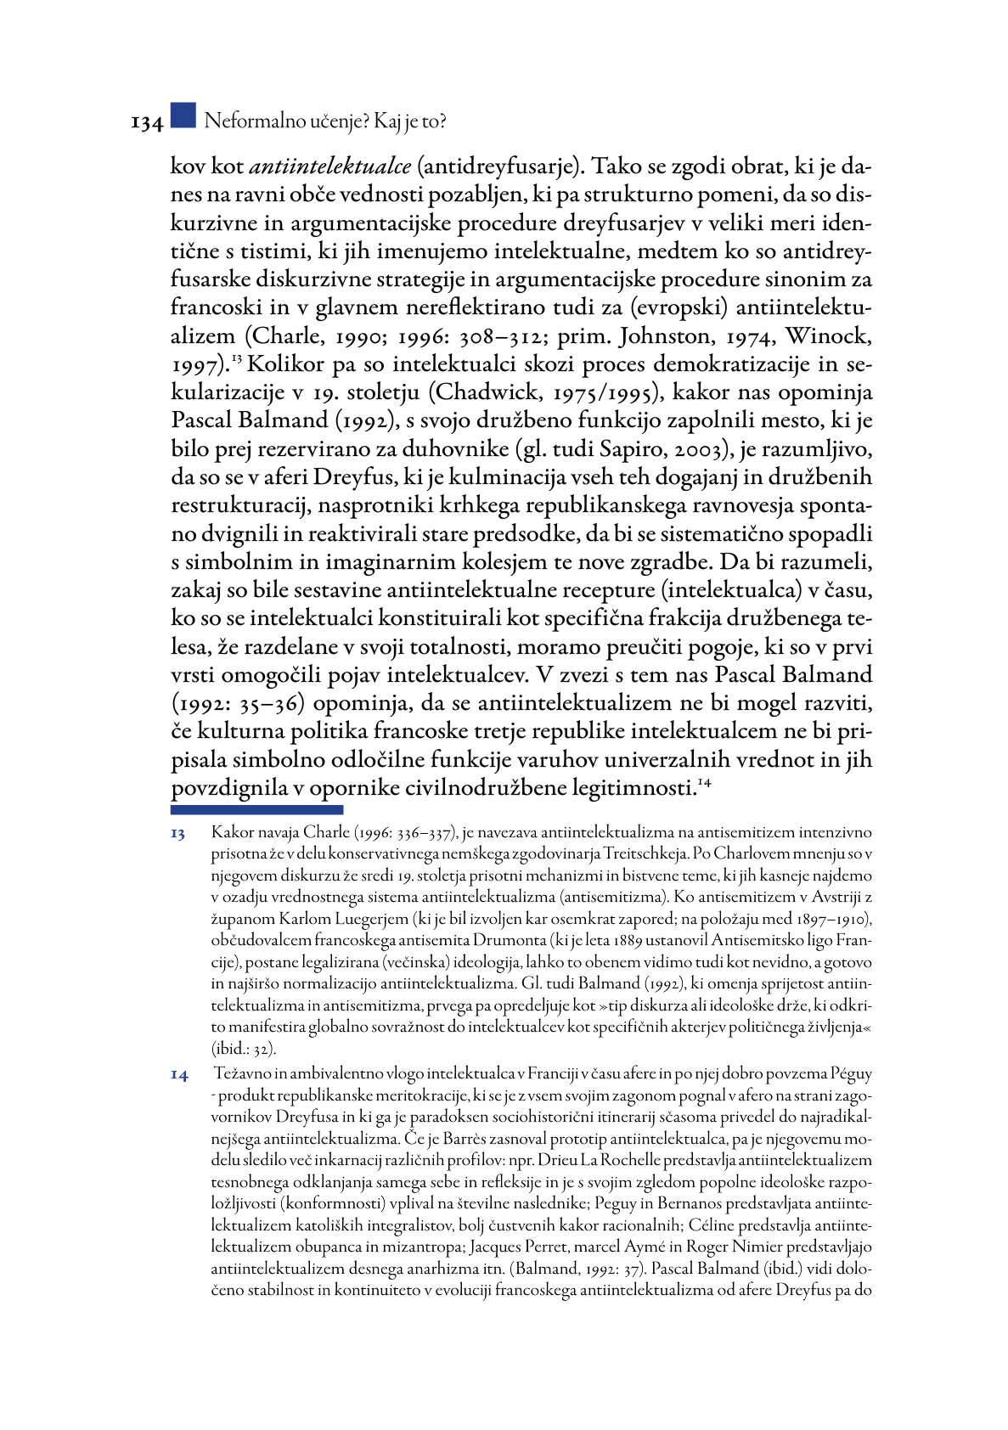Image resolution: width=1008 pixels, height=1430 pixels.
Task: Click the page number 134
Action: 146,123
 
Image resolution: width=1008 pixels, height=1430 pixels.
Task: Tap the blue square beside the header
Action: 183,115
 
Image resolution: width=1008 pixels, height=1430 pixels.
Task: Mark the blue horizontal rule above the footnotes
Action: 256,810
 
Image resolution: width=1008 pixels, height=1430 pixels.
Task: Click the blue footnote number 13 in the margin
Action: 178,834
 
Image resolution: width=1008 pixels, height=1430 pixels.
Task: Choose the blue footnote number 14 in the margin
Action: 179,1075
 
